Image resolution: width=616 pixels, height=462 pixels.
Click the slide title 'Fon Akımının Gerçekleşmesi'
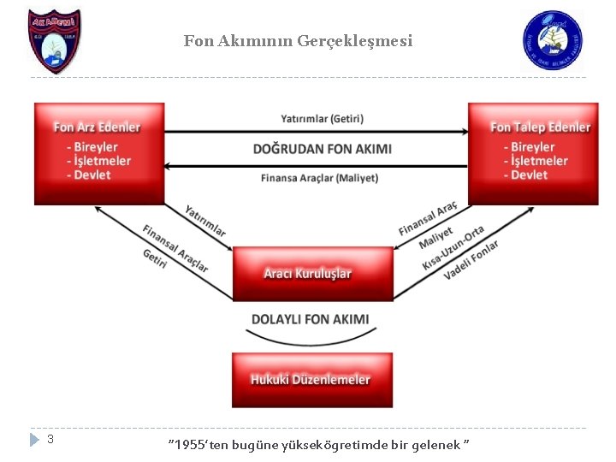[297, 40]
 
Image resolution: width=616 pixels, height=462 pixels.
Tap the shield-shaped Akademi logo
[54, 40]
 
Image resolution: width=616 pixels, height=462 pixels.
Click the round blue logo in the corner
[552, 40]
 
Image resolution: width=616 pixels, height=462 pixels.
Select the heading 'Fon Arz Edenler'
[97, 127]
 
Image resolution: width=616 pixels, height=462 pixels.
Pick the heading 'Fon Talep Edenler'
[540, 127]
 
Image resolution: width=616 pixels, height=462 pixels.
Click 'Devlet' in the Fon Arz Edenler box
[92, 175]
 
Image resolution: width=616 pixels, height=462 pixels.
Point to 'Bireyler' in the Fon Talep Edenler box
[532, 147]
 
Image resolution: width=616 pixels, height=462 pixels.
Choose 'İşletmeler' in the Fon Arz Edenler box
[102, 161]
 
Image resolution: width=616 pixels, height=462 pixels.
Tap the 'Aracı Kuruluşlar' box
[312, 274]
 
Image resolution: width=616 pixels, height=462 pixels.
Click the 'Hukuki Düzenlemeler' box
[311, 379]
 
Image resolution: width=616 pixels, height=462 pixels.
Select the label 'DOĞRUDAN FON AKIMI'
[323, 149]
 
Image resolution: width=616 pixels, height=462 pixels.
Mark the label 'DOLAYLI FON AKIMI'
[311, 319]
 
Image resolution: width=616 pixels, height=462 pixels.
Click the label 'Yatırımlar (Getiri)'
[316, 118]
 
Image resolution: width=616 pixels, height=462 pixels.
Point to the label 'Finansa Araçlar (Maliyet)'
[319, 178]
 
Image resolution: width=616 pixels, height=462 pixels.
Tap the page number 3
[50, 439]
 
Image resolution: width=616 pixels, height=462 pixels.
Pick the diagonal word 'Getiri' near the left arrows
[155, 258]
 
